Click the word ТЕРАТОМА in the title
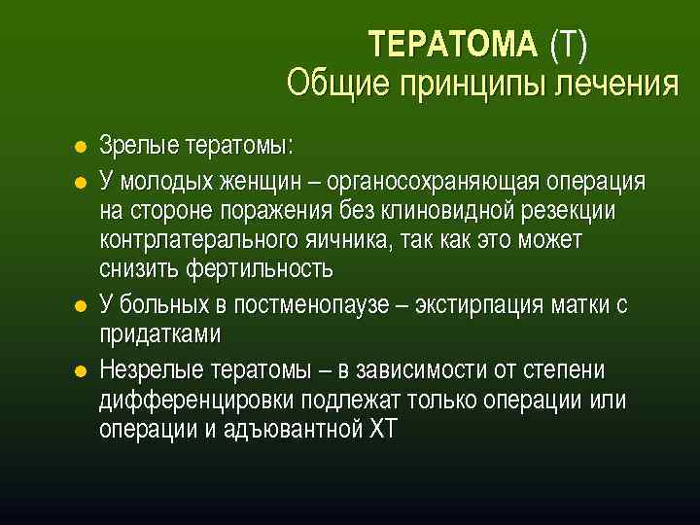coord(452,45)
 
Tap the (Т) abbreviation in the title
coord(569,45)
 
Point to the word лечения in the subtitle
coord(616,84)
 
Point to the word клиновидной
coord(467,211)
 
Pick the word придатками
coord(159,334)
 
